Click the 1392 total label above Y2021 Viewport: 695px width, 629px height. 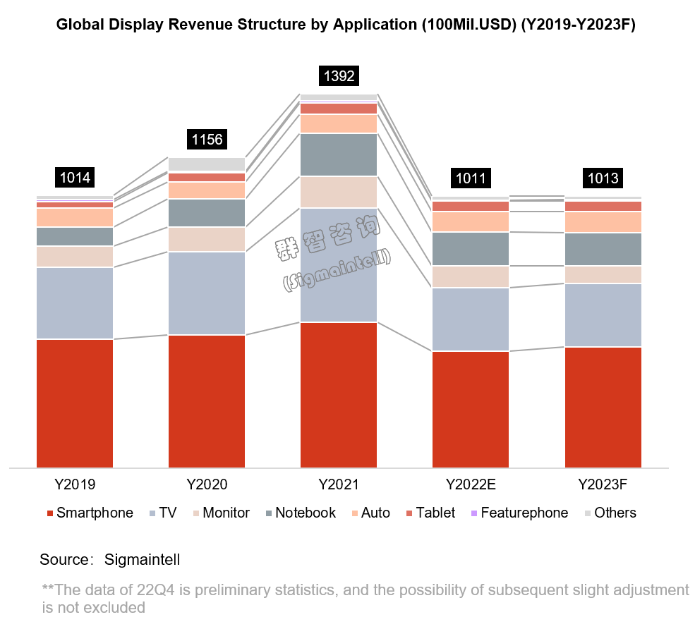(x=338, y=75)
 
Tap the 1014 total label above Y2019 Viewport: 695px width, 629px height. (x=75, y=177)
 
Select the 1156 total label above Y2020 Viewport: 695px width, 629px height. (x=207, y=139)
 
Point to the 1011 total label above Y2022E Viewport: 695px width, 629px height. (x=471, y=178)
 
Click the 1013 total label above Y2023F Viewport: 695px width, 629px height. (x=603, y=178)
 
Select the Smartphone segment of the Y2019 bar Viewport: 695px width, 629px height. (x=75, y=403)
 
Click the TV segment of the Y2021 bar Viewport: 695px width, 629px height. (x=339, y=264)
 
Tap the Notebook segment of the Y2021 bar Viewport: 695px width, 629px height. (x=339, y=154)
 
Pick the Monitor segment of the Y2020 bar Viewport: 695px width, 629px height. (x=207, y=239)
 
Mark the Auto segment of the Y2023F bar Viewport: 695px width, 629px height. (x=603, y=222)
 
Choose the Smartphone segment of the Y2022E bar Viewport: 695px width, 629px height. (x=471, y=409)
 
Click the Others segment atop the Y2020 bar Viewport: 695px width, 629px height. (x=207, y=164)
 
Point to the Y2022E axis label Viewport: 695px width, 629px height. (x=471, y=485)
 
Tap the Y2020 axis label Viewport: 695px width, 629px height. (x=207, y=485)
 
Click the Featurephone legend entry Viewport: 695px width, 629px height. (x=524, y=513)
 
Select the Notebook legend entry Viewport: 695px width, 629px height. (x=305, y=513)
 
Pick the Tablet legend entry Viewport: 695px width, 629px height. (x=435, y=513)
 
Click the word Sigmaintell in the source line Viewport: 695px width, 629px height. (x=142, y=560)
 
